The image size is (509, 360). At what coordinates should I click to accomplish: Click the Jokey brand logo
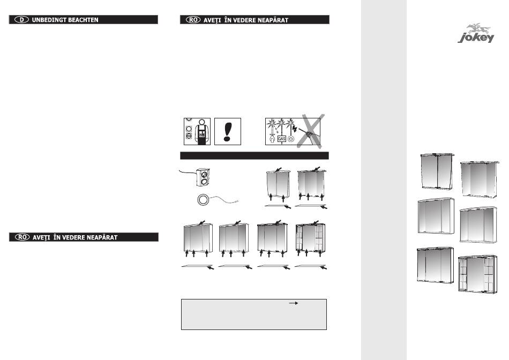click(476, 33)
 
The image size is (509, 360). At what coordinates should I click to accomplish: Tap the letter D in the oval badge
click(22, 20)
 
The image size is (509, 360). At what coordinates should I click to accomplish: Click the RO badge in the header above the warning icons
click(193, 20)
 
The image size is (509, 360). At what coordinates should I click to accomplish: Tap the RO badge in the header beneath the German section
click(23, 237)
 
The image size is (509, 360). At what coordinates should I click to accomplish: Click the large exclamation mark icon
click(227, 131)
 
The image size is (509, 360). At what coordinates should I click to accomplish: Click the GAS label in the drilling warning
click(281, 139)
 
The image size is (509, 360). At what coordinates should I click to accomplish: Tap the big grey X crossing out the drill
click(310, 131)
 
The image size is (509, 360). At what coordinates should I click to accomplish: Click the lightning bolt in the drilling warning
click(295, 129)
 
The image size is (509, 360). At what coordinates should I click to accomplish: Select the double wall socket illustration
click(203, 177)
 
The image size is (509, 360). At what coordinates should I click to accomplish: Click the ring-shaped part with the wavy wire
click(204, 200)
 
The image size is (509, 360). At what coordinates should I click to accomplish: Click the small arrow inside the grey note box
click(294, 303)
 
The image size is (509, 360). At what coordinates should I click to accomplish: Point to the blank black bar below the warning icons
click(254, 155)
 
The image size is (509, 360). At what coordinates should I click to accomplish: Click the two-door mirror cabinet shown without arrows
click(437, 171)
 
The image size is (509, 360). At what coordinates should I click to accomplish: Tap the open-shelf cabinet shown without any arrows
click(477, 274)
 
